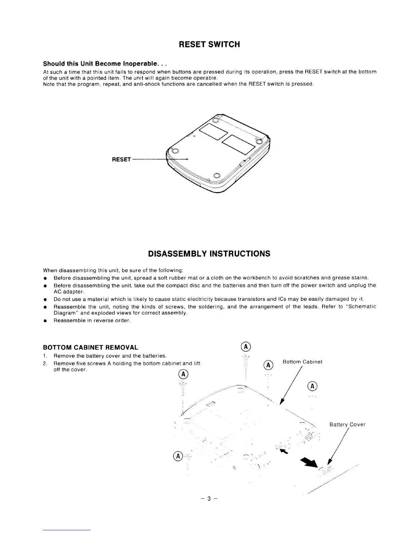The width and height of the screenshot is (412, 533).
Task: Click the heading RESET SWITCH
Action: click(209, 44)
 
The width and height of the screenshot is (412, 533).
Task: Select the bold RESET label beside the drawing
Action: click(121, 159)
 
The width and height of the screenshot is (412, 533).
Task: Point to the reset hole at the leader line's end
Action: click(187, 159)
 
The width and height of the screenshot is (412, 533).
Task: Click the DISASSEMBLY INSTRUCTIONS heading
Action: click(209, 254)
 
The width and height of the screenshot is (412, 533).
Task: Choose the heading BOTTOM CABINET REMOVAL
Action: click(91, 347)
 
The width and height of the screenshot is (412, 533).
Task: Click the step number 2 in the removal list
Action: click(45, 363)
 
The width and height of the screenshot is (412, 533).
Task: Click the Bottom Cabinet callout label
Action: click(302, 362)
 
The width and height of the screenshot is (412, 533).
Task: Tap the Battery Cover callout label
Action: click(347, 424)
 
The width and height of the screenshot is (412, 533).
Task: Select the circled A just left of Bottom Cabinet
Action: click(268, 365)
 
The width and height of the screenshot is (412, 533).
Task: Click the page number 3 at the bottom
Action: click(209, 499)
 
